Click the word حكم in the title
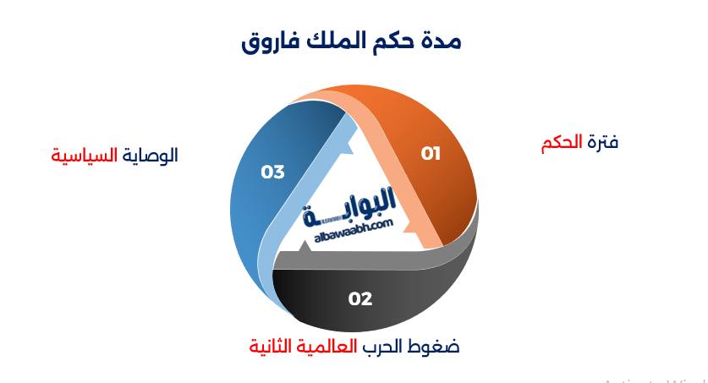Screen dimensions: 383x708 (x=392, y=41)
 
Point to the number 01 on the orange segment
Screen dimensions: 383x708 (x=431, y=153)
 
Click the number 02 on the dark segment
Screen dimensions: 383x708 (x=360, y=298)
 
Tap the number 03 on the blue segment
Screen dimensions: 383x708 (x=272, y=172)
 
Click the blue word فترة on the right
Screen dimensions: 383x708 (x=602, y=143)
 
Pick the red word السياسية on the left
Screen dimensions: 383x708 (x=84, y=156)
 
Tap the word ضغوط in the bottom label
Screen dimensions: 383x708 (x=437, y=347)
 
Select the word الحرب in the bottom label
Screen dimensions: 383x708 (x=387, y=347)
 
